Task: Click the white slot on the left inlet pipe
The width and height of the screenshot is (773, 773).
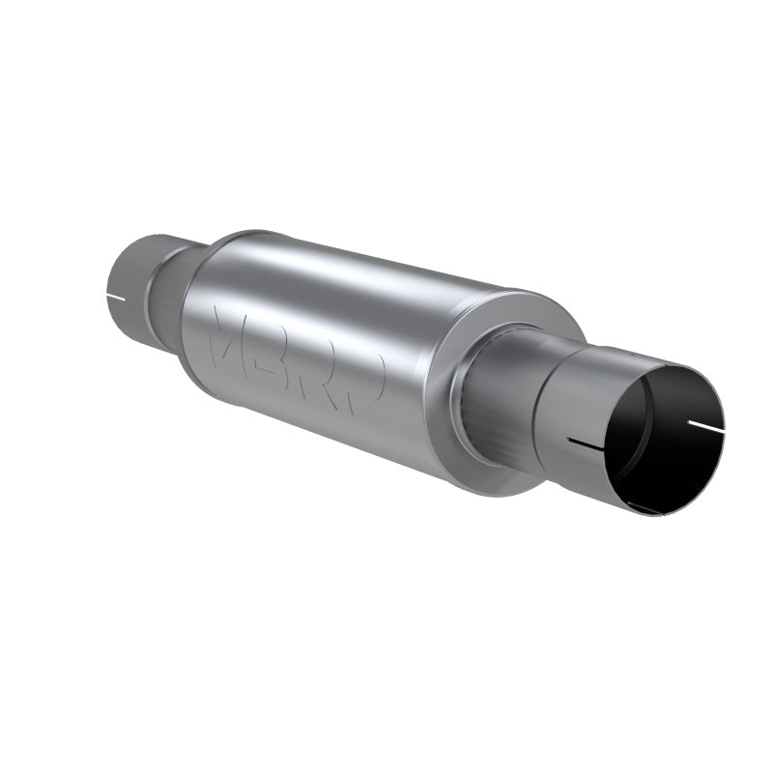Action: (115, 294)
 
